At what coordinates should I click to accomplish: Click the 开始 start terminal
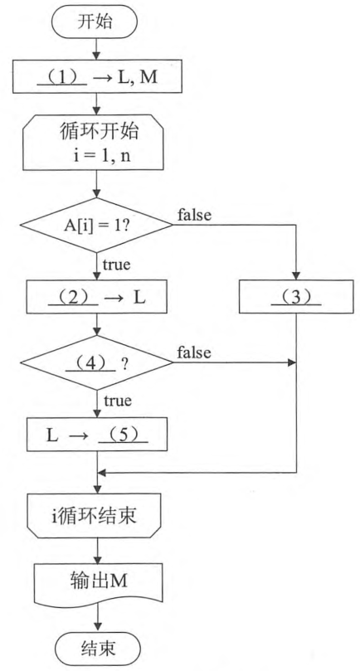[x=95, y=22]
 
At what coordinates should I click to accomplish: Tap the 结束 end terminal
[x=98, y=649]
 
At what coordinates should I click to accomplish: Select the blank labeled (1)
[x=62, y=78]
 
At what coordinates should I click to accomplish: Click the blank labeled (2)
[x=74, y=297]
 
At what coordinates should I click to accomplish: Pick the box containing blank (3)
[x=296, y=297]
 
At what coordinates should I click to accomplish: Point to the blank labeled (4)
[x=90, y=363]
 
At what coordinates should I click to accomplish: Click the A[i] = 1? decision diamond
[x=96, y=225]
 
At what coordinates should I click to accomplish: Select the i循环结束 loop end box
[x=94, y=516]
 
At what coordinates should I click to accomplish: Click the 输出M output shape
[x=99, y=583]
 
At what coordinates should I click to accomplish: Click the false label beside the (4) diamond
[x=194, y=353]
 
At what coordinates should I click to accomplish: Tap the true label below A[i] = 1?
[x=116, y=265]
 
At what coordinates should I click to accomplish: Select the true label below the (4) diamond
[x=117, y=401]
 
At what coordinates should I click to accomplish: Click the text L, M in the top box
[x=136, y=79]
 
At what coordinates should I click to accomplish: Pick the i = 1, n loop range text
[x=102, y=154]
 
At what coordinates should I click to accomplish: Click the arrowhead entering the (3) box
[x=296, y=275]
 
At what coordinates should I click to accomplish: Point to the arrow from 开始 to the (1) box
[x=96, y=49]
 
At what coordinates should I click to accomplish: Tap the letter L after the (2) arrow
[x=139, y=298]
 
